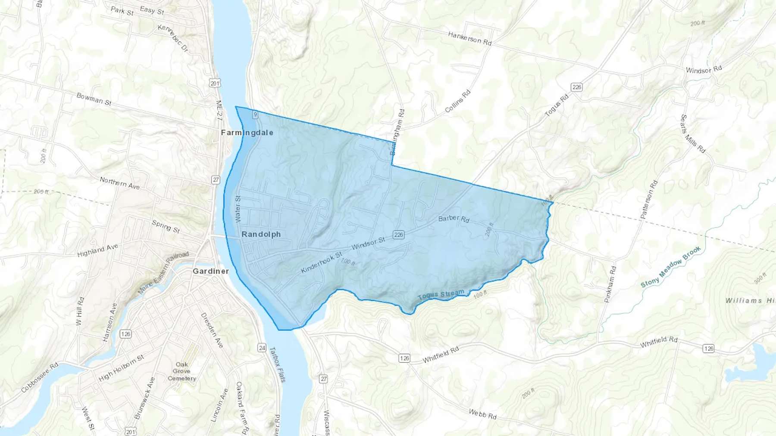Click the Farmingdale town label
[247, 133]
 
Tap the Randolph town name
[261, 234]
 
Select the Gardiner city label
[211, 271]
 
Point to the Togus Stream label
[441, 295]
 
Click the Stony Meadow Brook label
[670, 267]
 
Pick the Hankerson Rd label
[469, 38]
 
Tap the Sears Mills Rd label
[693, 134]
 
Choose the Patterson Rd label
[649, 200]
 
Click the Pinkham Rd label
[610, 284]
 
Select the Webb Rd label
[482, 414]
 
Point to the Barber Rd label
[454, 219]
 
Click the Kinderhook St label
[321, 263]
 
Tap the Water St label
[238, 209]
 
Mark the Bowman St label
[94, 99]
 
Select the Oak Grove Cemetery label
[181, 371]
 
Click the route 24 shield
[262, 348]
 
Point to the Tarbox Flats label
[277, 364]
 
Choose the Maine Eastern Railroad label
[163, 273]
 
